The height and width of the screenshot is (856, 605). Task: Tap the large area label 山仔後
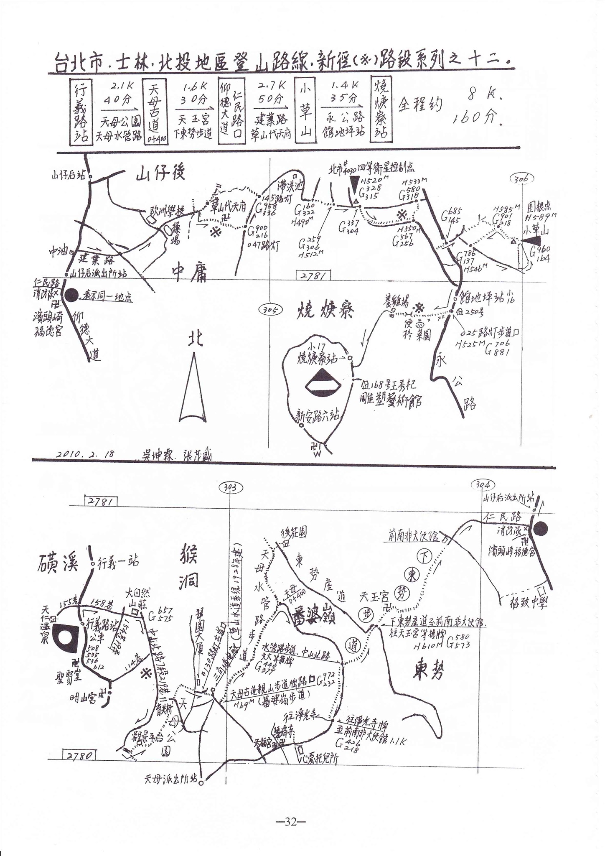pos(160,173)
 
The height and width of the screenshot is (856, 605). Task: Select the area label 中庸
pos(189,274)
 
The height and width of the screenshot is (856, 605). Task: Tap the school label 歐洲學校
pos(167,212)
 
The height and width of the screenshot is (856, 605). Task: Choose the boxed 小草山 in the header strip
pos(306,112)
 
